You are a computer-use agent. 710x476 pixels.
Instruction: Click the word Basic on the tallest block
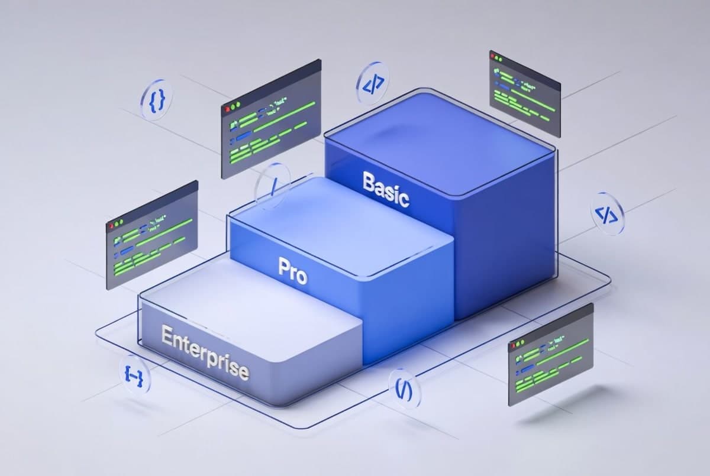pos(386,189)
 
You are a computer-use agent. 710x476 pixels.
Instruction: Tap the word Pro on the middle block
pos(293,271)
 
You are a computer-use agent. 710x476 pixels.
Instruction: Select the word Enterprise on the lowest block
pos(205,354)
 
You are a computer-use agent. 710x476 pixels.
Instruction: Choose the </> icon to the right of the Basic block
pos(607,214)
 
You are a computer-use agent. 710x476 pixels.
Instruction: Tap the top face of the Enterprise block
pos(248,302)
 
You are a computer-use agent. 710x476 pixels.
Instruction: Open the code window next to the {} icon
pos(271,118)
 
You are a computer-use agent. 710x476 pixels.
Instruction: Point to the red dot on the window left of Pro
pos(110,226)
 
